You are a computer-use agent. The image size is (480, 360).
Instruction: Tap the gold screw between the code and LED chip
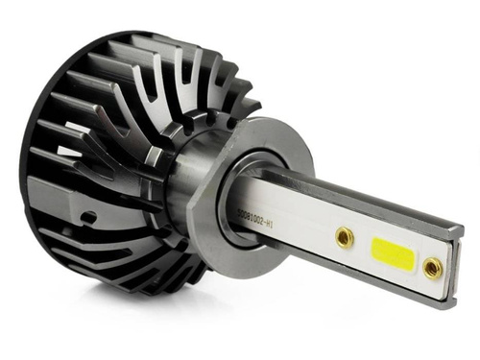(x=345, y=235)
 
